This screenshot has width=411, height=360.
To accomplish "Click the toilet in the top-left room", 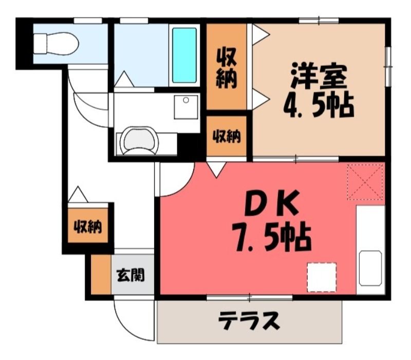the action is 56,44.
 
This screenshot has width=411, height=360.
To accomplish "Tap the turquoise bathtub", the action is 184,55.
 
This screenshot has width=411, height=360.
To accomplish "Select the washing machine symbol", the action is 139,141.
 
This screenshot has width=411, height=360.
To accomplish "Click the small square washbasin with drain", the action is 186,107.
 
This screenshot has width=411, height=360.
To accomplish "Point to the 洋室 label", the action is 319,75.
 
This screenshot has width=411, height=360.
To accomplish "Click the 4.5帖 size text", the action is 319,105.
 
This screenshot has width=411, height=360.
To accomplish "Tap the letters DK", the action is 272,203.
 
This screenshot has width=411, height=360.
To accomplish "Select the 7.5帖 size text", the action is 271,236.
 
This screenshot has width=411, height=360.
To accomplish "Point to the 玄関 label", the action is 130,275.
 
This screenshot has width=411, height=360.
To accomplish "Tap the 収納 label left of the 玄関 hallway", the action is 87,226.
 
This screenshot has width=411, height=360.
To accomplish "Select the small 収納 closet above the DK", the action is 227,136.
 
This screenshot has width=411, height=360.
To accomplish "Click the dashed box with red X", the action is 365,182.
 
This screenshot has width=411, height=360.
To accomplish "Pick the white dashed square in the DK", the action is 322,277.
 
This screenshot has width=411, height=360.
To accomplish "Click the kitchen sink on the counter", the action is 370,268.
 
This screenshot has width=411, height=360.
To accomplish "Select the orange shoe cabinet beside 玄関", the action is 101,274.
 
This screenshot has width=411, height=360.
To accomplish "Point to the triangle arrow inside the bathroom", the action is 124,79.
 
